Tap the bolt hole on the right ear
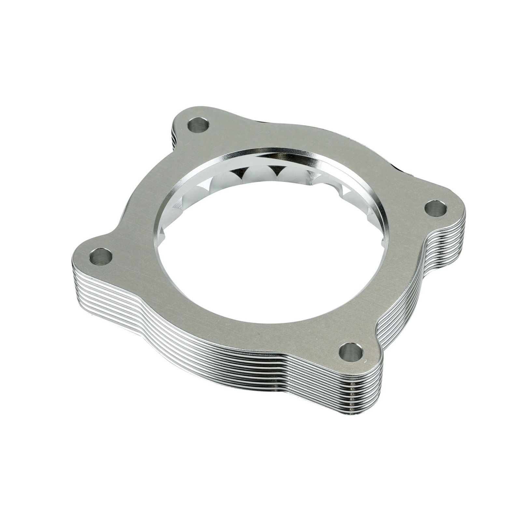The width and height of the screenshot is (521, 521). click(x=436, y=208)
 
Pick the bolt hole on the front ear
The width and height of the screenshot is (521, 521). click(x=350, y=351)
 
